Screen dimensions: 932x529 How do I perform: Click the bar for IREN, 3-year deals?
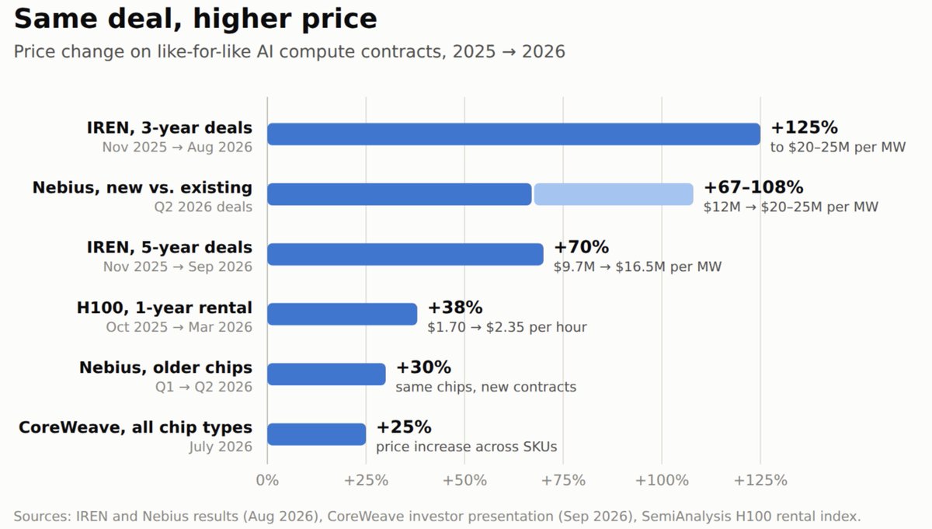514,134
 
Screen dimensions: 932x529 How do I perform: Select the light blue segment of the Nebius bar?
614,194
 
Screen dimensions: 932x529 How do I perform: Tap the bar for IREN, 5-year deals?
405,254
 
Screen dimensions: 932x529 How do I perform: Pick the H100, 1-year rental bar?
342,315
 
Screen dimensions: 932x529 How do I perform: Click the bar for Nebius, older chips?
326,374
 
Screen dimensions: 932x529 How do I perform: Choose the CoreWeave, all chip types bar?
317,434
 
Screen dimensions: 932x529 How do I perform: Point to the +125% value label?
805,127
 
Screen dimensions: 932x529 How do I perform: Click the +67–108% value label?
753,187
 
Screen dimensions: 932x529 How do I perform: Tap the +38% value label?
455,308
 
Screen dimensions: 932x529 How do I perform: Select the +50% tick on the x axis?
464,480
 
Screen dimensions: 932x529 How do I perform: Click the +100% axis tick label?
662,480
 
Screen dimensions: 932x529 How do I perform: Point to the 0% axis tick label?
267,480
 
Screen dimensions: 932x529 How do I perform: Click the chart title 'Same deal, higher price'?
196,19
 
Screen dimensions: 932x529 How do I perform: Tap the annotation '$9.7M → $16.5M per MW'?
638,266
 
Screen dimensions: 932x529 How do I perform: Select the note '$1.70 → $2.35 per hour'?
507,327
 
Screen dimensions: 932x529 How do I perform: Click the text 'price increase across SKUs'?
467,447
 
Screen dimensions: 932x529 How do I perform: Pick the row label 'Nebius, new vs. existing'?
142,188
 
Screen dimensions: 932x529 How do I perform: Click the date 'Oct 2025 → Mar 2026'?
179,327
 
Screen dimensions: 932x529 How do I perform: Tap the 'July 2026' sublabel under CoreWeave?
221,447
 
